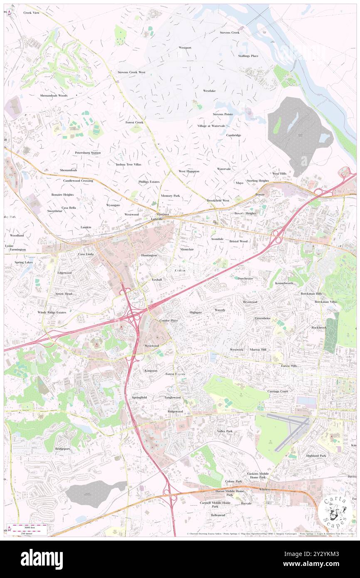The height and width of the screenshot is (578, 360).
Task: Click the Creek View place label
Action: [x=32, y=13]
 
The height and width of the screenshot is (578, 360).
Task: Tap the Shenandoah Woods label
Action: [x=54, y=96]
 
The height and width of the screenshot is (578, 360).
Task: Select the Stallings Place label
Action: [x=248, y=56]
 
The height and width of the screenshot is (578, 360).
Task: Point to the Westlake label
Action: [x=209, y=91]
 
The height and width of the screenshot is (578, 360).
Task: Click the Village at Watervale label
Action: [x=211, y=126]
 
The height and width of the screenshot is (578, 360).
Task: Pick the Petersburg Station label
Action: [x=88, y=153]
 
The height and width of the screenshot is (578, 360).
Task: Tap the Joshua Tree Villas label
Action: [x=128, y=164]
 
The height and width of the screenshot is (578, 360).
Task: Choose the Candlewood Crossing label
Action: [x=78, y=181]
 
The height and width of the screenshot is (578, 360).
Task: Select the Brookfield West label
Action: [x=218, y=200]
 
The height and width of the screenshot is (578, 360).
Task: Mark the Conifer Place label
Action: [x=169, y=321]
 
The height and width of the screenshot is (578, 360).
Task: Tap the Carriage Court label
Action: [x=278, y=391]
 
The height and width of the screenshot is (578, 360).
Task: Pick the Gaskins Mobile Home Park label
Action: [x=258, y=476]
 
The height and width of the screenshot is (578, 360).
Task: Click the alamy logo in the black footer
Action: [x=42, y=559]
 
